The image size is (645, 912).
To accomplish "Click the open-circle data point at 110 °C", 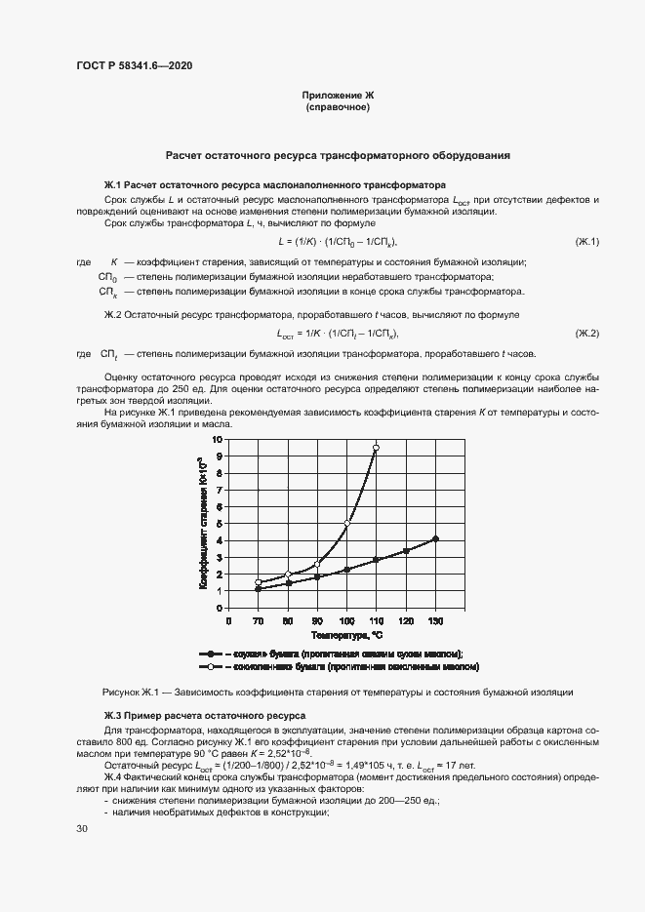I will [376, 448].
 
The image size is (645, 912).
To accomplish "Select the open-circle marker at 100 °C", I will [347, 524].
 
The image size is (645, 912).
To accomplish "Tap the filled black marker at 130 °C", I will [435, 538].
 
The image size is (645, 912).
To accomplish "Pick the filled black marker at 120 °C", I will [406, 551].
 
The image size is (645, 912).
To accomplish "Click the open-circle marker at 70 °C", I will [259, 582].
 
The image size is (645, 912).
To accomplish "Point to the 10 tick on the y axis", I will [219, 439].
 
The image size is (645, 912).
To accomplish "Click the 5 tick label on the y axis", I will [221, 523].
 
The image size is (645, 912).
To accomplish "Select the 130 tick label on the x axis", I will [435, 620].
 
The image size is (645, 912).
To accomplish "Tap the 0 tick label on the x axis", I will [229, 620].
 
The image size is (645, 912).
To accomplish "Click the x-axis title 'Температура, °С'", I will [332, 635].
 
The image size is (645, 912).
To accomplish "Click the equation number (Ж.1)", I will [586, 241].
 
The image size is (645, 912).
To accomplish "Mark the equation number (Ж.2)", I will [586, 334].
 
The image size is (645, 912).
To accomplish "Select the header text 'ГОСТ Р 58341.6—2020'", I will [134, 65].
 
